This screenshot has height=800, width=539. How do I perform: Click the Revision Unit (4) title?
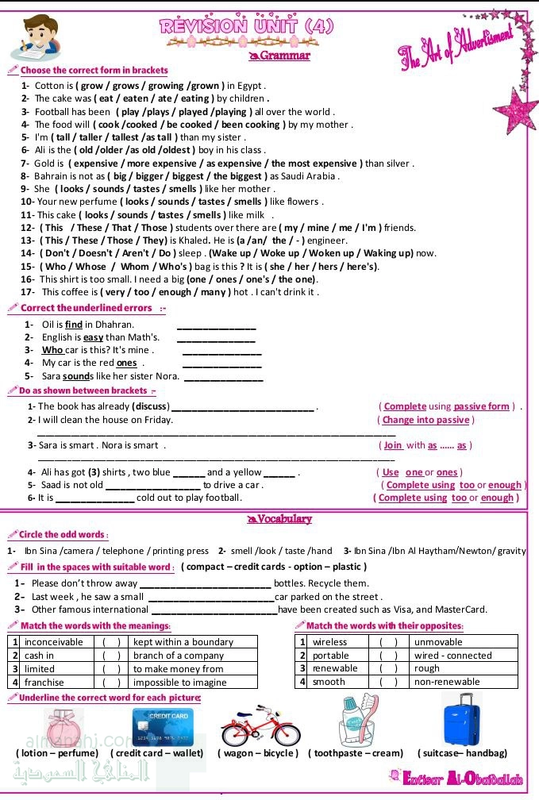246,25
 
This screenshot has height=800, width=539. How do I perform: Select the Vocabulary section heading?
284,519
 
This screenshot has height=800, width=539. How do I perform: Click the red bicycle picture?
256,720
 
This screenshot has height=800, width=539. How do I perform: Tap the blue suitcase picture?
462,719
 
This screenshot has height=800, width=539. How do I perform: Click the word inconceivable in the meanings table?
53,642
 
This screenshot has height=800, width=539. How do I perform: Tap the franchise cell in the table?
44,682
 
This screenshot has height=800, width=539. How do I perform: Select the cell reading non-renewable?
447,682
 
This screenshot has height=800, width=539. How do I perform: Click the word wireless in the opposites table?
329,642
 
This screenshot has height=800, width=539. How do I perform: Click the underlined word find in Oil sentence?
74,324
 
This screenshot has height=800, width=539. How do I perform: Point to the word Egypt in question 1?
249,86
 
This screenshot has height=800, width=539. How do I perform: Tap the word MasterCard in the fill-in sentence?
459,610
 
